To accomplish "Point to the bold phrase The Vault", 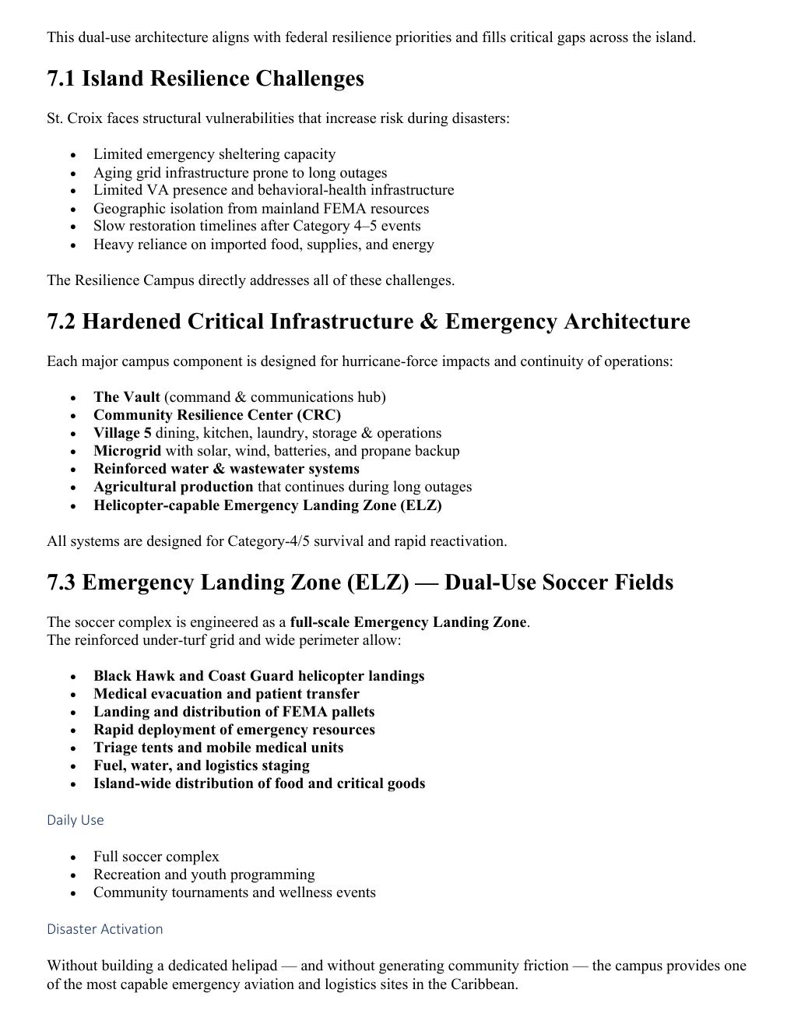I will (127, 397).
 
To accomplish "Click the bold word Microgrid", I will (127, 451).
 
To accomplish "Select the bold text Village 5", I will (122, 433).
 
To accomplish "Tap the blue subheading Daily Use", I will (75, 820).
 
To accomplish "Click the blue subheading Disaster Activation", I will (105, 929).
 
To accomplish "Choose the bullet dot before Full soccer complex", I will (73, 857).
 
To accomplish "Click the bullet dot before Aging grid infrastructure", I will (73, 174).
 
